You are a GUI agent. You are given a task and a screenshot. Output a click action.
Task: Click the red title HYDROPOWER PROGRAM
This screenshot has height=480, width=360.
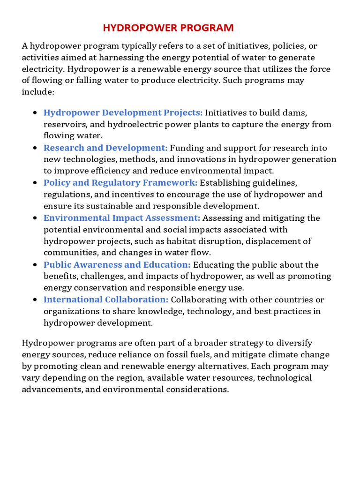pos(168,28)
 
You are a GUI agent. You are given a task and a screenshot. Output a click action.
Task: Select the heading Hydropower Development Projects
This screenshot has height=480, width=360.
pos(123,112)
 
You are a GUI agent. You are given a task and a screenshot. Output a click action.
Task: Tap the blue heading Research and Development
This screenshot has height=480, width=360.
pos(105,148)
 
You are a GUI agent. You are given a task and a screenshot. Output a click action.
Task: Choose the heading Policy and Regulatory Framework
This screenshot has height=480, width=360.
pos(120,183)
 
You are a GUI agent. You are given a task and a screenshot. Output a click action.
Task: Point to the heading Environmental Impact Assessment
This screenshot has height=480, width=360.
pos(122,218)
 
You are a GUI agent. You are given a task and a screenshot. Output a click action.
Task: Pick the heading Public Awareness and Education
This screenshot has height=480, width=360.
pos(117,265)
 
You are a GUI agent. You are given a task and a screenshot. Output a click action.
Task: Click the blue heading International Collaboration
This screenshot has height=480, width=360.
pos(106,300)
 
